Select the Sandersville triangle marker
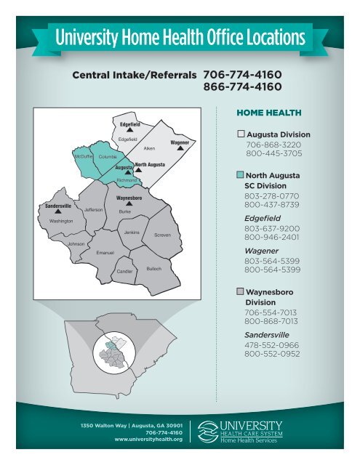coord(57,211)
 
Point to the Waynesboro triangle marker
coord(129,203)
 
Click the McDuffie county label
coord(83,155)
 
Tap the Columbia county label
coord(108,157)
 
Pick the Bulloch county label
coord(153,268)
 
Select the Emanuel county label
coord(106,251)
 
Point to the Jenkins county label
coord(132,232)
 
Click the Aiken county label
coord(151,147)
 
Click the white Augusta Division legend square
coord(241,134)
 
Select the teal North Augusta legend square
coord(241,175)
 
